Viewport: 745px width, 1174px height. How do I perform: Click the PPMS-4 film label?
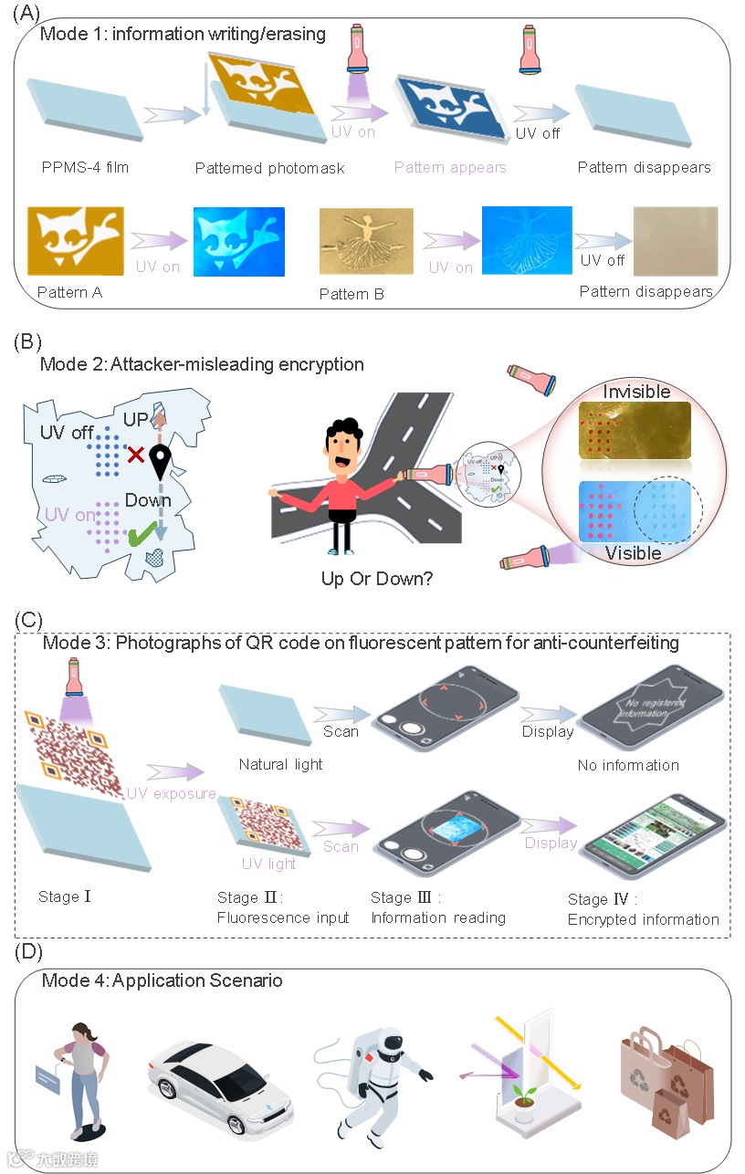click(85, 168)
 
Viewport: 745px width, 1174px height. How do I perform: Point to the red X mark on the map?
click(135, 454)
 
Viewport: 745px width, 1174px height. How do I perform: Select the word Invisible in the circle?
click(636, 392)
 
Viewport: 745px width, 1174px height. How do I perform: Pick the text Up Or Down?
click(377, 578)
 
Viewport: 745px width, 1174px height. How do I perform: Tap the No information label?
click(628, 765)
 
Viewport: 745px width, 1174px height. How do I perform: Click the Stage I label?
click(65, 897)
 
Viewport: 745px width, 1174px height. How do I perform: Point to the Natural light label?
click(280, 764)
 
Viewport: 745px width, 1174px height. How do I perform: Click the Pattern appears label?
click(450, 168)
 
